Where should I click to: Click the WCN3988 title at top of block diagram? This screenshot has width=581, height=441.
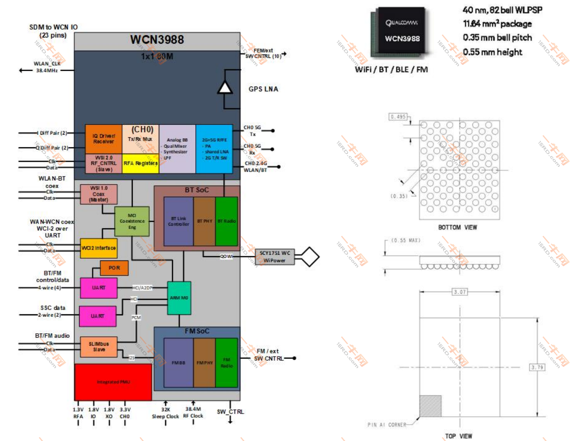(157, 40)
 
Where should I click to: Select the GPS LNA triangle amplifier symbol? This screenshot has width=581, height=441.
(225, 87)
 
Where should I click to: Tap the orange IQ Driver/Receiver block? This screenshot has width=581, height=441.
(103, 139)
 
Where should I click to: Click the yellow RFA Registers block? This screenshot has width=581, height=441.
(141, 163)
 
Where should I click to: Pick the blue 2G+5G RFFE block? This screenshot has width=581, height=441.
(214, 149)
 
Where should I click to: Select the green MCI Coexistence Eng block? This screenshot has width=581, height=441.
(132, 221)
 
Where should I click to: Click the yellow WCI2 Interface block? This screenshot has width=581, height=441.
(99, 248)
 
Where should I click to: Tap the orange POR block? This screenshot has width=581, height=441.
(114, 268)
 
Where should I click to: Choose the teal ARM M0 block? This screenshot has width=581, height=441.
(179, 298)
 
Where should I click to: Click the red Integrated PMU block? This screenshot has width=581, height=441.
(113, 382)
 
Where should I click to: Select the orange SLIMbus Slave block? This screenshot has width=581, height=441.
(99, 347)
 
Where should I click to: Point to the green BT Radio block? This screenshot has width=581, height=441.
(227, 221)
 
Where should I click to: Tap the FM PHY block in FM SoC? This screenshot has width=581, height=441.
(204, 363)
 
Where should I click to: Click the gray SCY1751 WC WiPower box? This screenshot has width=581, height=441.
(274, 257)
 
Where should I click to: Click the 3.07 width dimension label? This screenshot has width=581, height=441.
(459, 292)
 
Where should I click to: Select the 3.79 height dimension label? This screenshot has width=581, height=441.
(537, 367)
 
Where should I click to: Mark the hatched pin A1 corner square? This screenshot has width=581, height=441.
(430, 406)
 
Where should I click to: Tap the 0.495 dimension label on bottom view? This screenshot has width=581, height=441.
(398, 117)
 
